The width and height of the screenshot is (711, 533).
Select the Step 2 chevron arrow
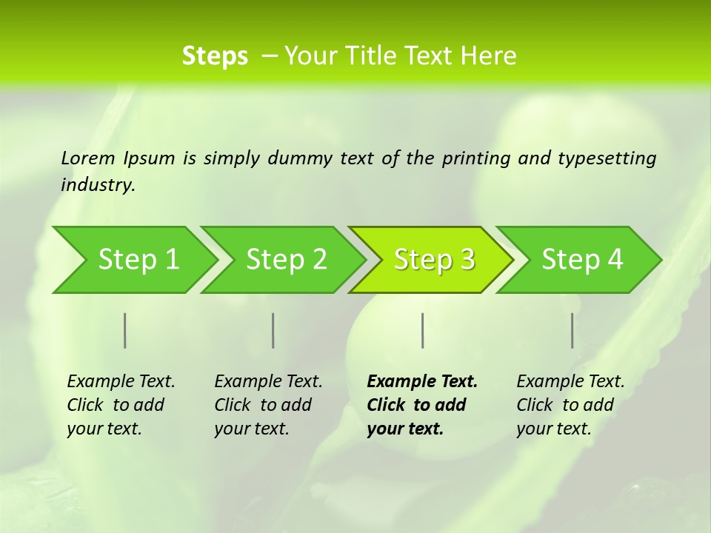tap(286, 260)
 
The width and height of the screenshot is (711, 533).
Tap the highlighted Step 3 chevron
tap(434, 260)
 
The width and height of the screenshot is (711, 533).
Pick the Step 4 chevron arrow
tap(582, 260)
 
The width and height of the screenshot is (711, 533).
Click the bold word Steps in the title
tap(215, 56)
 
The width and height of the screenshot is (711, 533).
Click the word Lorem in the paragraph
tap(88, 158)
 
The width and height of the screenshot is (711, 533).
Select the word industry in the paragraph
tap(98, 184)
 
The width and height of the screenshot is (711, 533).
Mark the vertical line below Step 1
tap(125, 330)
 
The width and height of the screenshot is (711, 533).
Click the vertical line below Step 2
tap(273, 330)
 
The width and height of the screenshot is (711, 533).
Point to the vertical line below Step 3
tap(422, 330)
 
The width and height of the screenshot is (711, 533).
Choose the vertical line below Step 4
tap(572, 330)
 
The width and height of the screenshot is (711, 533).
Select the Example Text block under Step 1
tap(121, 405)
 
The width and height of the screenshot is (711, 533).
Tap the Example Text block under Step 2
tap(268, 405)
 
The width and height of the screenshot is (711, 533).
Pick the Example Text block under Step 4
tap(570, 405)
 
